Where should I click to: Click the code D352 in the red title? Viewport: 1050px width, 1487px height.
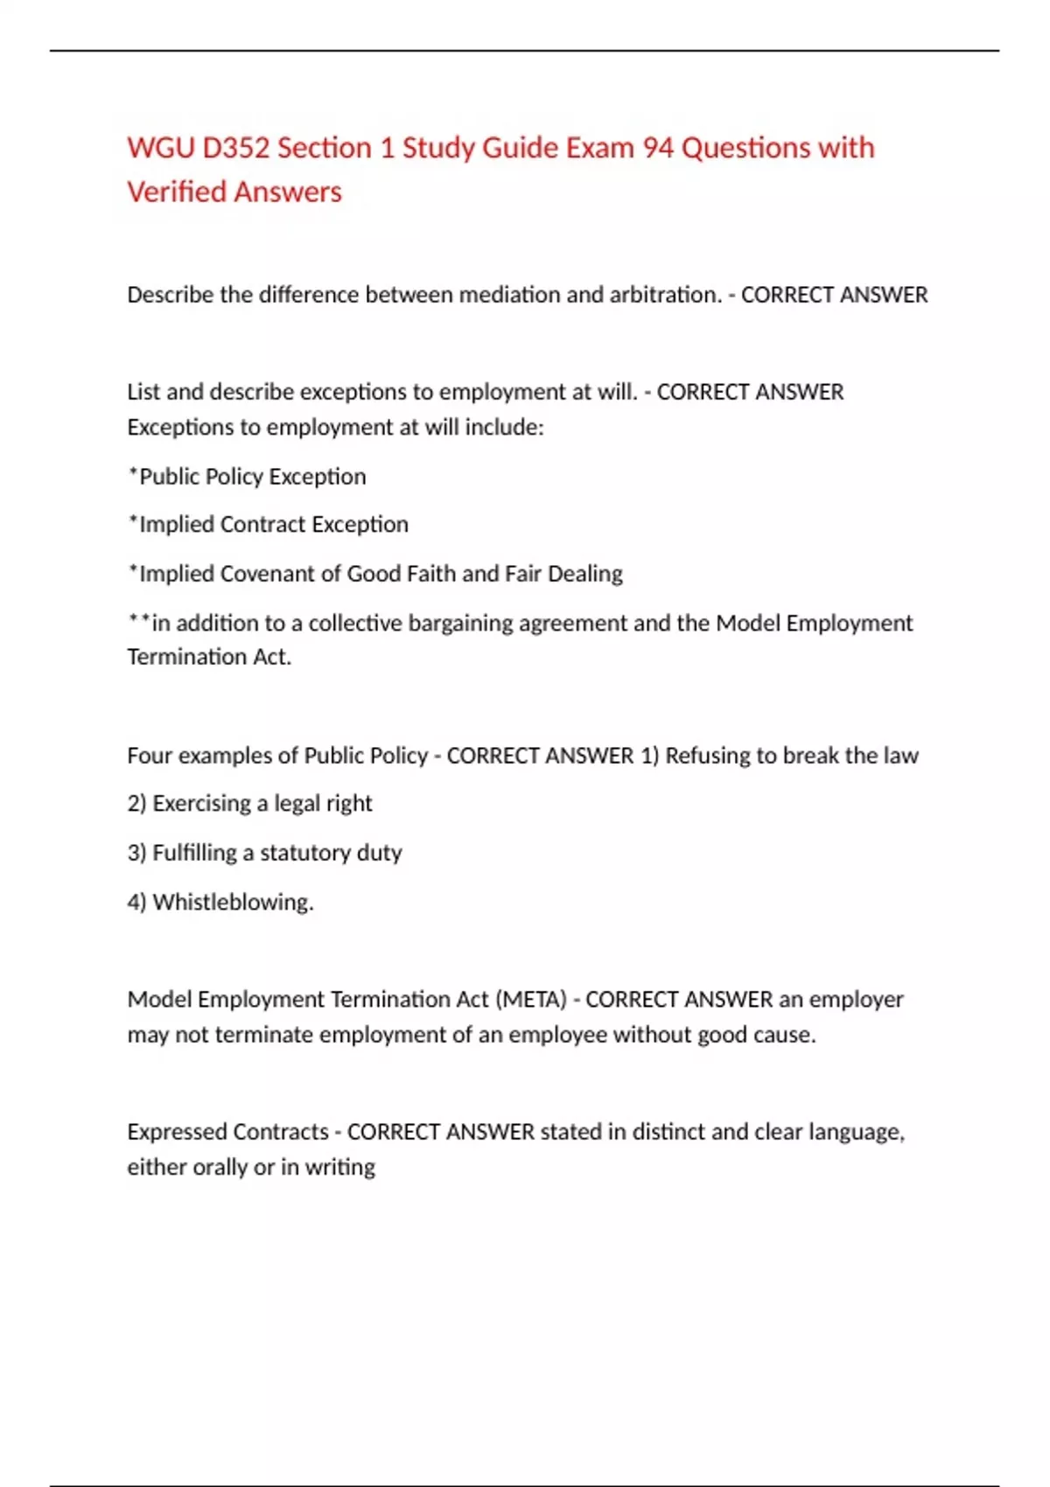click(x=236, y=148)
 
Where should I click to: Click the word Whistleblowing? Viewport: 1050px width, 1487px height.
click(x=232, y=902)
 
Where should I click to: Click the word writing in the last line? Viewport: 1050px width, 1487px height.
click(x=340, y=1167)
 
